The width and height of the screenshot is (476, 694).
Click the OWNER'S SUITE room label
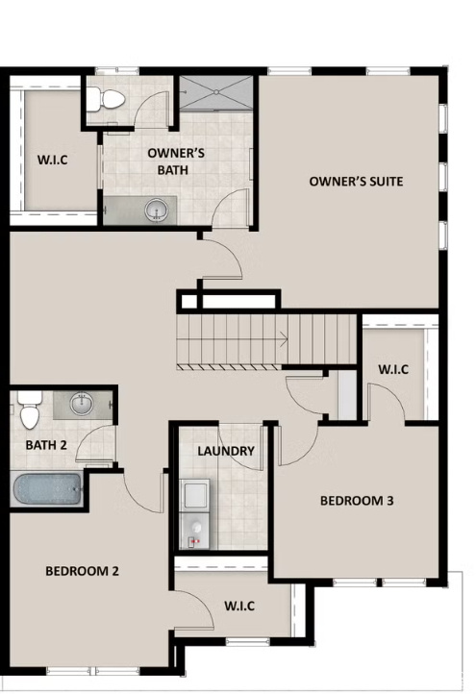point(355,182)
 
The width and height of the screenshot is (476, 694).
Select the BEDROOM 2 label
point(82,571)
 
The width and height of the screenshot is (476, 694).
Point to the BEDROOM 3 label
point(357,501)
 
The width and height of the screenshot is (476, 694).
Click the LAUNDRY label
point(225,451)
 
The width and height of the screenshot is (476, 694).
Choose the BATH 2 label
point(44,445)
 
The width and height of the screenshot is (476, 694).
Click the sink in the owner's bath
point(155,208)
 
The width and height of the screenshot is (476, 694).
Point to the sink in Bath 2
point(81,404)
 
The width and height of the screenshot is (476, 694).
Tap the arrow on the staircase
point(282,337)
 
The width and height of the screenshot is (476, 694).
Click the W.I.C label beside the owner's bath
point(51,160)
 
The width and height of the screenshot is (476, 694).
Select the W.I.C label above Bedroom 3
point(393,368)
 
